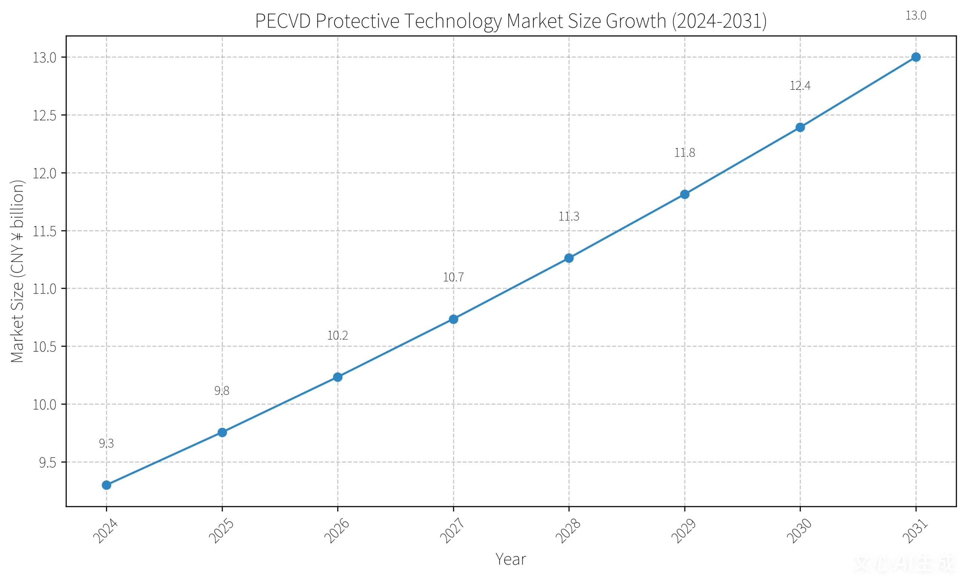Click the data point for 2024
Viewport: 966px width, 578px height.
click(x=106, y=485)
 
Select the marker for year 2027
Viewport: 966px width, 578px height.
click(x=454, y=319)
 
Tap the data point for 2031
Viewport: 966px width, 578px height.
click(x=916, y=57)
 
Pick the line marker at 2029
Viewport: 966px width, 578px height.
click(x=685, y=194)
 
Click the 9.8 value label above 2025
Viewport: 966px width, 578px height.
click(x=222, y=390)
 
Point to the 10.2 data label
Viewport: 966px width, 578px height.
click(x=337, y=335)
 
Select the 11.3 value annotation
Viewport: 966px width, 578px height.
click(x=569, y=217)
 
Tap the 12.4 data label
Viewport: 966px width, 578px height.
click(x=800, y=86)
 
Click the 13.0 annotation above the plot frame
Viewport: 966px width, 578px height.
click(x=916, y=15)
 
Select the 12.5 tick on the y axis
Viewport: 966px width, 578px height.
click(x=45, y=116)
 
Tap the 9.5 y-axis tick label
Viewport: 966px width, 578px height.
click(x=48, y=463)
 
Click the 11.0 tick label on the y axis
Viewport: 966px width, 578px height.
click(x=45, y=289)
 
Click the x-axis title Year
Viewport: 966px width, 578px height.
click(x=511, y=559)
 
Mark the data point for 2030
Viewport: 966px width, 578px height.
click(x=800, y=128)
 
